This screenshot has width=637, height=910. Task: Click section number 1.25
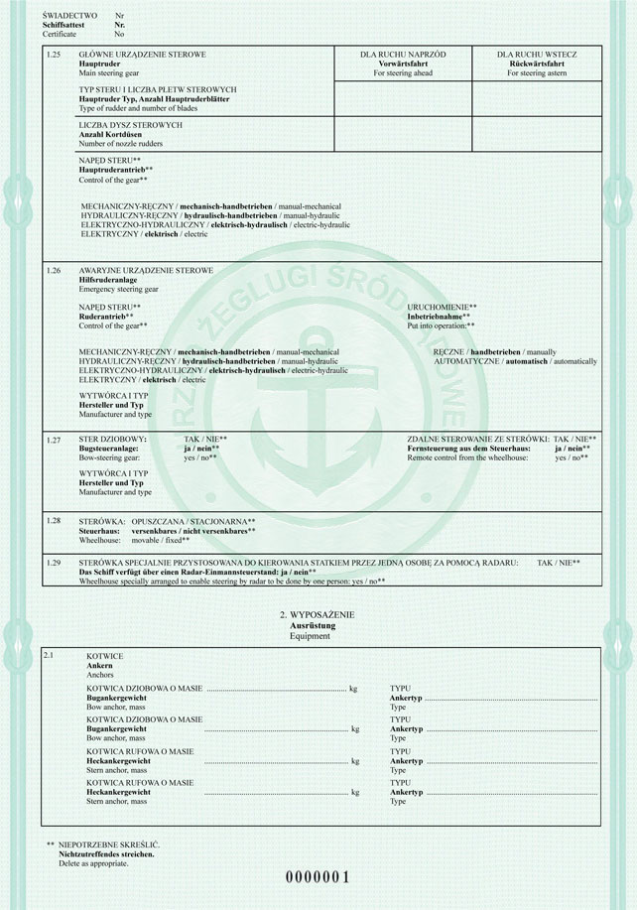click(x=54, y=54)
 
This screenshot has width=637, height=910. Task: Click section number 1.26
click(x=54, y=270)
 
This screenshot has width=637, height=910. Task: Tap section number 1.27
click(x=54, y=439)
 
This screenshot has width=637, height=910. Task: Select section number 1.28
click(x=54, y=521)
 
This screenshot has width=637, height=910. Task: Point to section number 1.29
click(x=54, y=563)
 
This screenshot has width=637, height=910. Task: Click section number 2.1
click(x=51, y=657)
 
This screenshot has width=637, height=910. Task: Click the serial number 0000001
click(x=318, y=877)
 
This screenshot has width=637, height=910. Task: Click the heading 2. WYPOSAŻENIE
click(x=318, y=616)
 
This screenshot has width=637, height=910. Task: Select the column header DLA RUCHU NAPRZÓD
click(x=404, y=54)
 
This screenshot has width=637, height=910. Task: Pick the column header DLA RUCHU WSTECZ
click(x=537, y=54)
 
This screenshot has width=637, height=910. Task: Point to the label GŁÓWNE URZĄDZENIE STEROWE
click(x=135, y=54)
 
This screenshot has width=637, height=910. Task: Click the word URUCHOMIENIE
click(x=440, y=308)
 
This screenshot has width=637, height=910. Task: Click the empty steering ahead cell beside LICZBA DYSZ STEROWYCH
click(x=404, y=134)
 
